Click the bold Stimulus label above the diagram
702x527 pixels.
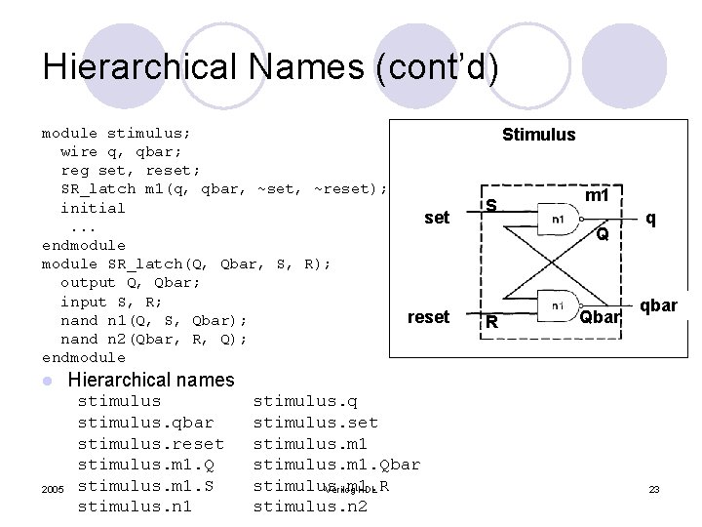click(538, 135)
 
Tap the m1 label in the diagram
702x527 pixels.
click(597, 196)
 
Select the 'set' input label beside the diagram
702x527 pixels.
click(437, 218)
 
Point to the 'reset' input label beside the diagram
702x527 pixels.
click(428, 317)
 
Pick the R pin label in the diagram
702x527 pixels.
click(492, 322)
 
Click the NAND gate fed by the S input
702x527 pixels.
click(560, 219)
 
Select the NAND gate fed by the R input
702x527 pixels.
click(560, 305)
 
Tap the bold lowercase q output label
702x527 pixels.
click(650, 219)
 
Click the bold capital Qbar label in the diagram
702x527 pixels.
click(600, 317)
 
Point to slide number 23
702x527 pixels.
click(654, 488)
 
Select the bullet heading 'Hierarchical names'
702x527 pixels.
click(151, 380)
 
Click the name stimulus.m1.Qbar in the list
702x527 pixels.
click(336, 465)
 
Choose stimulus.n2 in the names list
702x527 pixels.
click(296, 507)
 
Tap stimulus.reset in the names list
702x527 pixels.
click(150, 443)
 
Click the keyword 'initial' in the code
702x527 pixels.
click(93, 208)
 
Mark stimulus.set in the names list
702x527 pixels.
click(315, 422)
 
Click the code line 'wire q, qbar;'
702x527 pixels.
click(122, 151)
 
